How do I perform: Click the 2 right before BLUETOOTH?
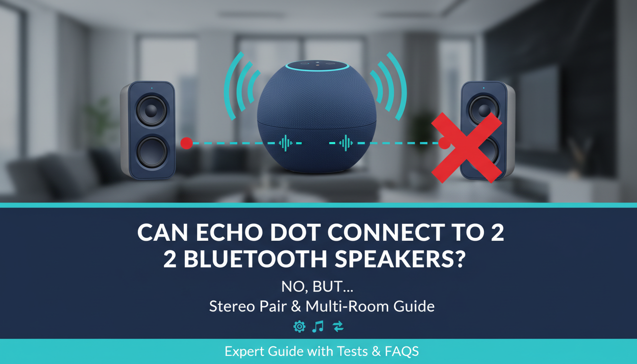pyautogui.click(x=170, y=260)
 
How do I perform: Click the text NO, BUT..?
pyautogui.click(x=318, y=287)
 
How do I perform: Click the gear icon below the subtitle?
pyautogui.click(x=299, y=326)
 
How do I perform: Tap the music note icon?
pyautogui.click(x=318, y=326)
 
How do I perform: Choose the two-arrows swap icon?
pyautogui.click(x=338, y=326)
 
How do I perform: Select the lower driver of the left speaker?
pyautogui.click(x=151, y=153)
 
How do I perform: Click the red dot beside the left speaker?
pyautogui.click(x=187, y=143)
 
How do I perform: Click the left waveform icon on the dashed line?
pyautogui.click(x=286, y=143)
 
